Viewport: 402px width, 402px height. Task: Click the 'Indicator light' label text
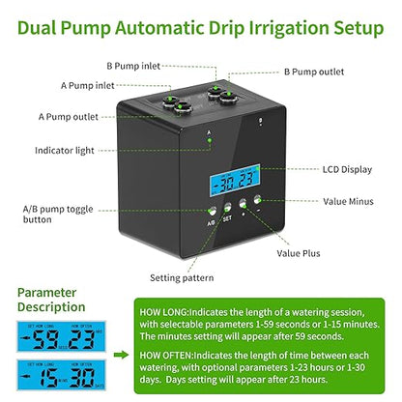point(66,151)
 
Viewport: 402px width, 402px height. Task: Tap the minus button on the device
point(258,204)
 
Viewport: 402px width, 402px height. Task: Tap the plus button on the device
point(243,205)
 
